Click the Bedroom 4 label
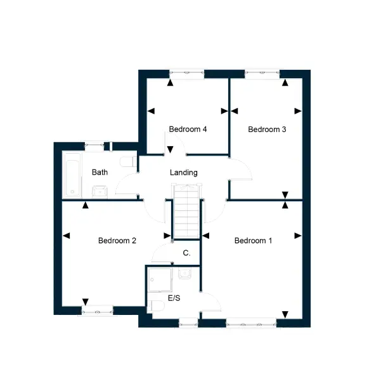coord(188,129)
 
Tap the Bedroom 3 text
coord(267,130)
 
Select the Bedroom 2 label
coord(117,241)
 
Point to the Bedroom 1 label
coord(253,241)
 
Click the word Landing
coord(184,173)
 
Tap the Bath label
coord(100,172)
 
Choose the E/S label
coord(174,298)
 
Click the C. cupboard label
coord(186,253)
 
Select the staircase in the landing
coord(187,211)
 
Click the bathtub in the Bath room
coord(72,175)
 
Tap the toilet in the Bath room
coord(129,161)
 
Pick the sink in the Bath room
coord(100,192)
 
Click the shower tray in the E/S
coord(160,279)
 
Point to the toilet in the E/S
coord(156,305)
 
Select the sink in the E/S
coord(185,273)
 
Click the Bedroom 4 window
coord(187,74)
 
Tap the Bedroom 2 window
coord(97,311)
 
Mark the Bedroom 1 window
coord(251,323)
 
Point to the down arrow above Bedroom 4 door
coord(171,149)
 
